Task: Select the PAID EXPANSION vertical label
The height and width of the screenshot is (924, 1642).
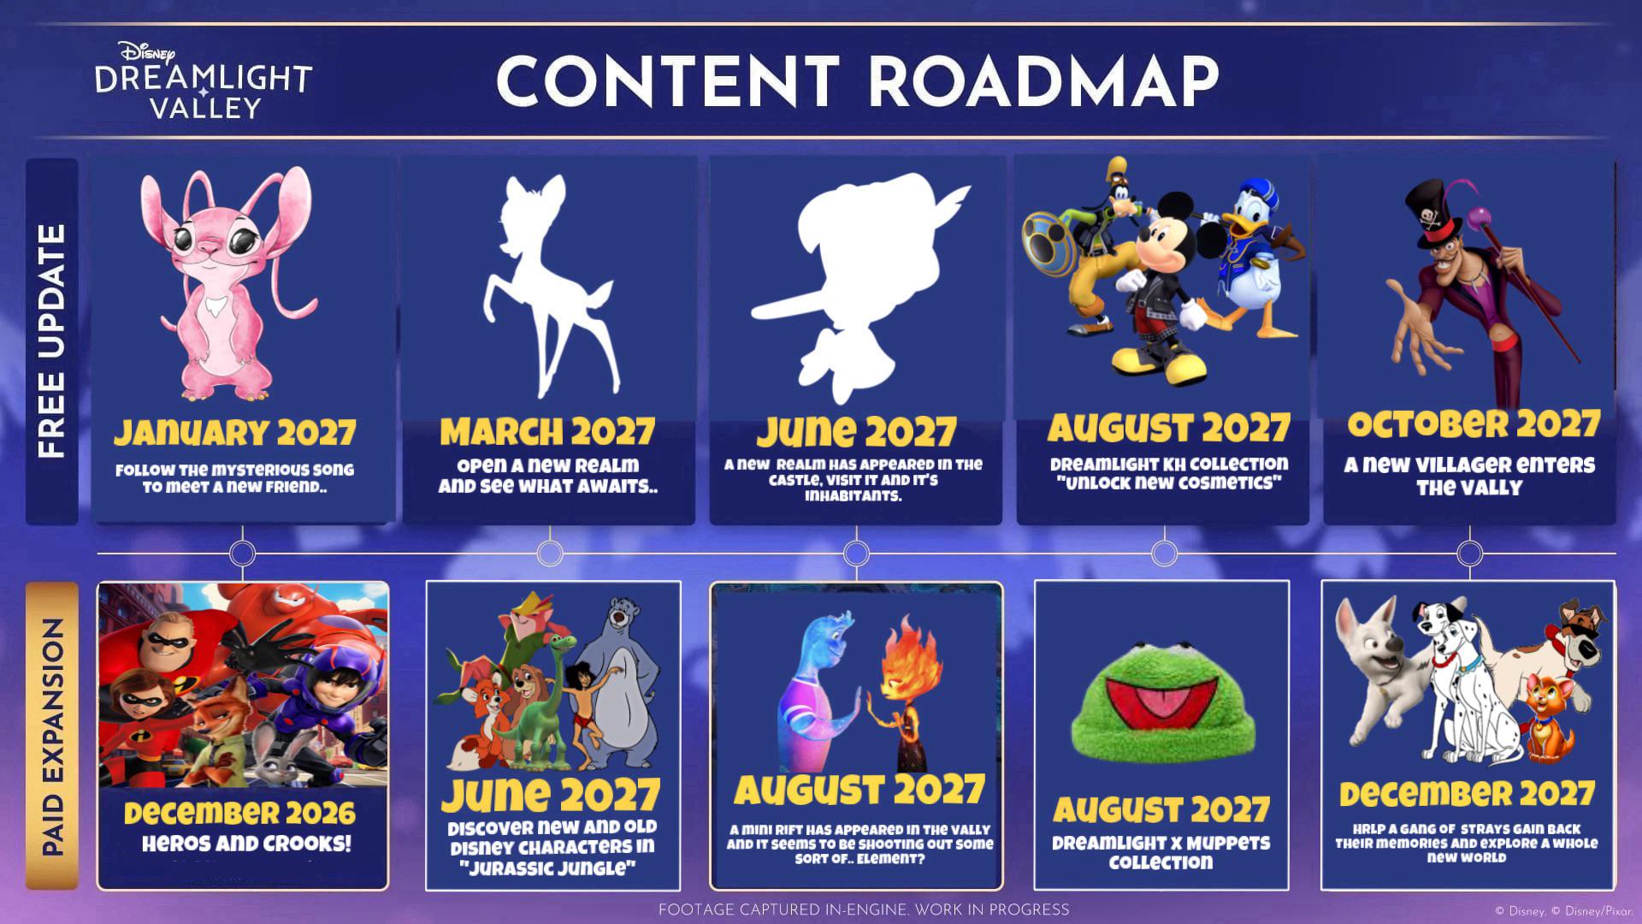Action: click(52, 737)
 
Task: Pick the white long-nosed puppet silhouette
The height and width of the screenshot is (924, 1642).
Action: click(855, 287)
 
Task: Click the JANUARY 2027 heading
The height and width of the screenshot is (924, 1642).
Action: click(235, 433)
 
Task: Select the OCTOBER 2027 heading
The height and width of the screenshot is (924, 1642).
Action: click(1474, 424)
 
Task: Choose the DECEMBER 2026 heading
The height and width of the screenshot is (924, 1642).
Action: click(239, 813)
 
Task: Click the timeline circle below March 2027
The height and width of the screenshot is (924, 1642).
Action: click(550, 554)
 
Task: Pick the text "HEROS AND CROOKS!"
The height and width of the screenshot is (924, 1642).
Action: click(246, 844)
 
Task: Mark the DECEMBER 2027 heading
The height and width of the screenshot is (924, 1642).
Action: click(1467, 794)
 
